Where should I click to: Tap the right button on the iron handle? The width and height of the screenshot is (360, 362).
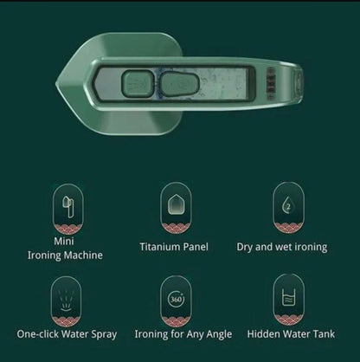176,85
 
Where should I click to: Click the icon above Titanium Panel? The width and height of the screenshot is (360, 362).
176,202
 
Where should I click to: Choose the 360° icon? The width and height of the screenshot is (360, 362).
176,299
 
